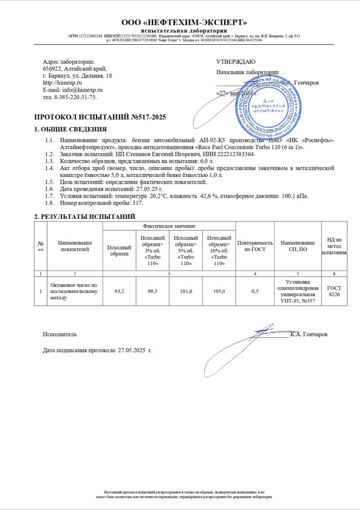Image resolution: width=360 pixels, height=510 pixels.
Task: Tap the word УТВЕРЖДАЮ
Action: pos(236,62)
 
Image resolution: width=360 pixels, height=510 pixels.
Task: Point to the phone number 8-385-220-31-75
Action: pos(75,97)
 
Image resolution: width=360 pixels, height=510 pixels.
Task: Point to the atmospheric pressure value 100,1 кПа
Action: pos(295,196)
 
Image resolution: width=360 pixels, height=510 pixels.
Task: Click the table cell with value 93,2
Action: pos(119,292)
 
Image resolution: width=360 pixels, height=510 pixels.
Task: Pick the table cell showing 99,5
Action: pos(153,292)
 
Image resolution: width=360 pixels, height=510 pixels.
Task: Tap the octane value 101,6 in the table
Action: pos(186,292)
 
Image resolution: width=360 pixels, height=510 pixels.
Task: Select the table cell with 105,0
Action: pos(219,292)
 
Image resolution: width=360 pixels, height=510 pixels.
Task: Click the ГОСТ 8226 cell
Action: pos(334,291)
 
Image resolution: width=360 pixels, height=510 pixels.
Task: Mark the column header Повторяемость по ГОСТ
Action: pos(255,246)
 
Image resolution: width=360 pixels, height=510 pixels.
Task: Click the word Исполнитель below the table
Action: pos(60,334)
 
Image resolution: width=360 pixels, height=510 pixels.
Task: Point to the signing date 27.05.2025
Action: pos(130,350)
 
